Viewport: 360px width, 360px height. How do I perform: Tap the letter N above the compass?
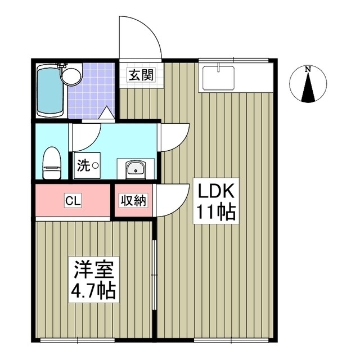click(308, 69)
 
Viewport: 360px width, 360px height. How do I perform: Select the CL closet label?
click(71, 200)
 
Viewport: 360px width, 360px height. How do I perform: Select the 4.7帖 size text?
click(93, 291)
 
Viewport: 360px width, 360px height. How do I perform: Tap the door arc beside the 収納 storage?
click(172, 200)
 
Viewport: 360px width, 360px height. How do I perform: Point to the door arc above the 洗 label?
click(85, 135)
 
